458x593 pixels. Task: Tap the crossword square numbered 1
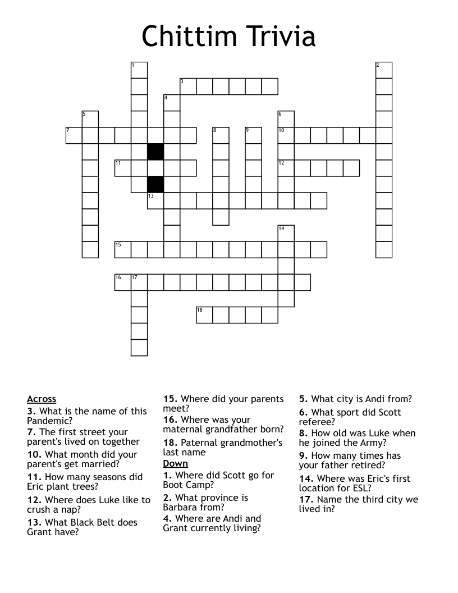pos(139,70)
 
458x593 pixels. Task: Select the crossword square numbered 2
pos(384,70)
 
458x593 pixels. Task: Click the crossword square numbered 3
pos(188,86)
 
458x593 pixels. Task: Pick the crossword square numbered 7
pos(74,135)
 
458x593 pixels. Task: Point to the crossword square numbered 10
pos(286,135)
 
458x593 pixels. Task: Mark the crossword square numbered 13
pos(155,200)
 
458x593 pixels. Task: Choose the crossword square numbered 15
pos(123,249)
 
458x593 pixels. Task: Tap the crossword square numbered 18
pos(204,315)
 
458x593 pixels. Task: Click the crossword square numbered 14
pos(286,233)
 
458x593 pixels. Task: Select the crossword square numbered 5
pos(90,119)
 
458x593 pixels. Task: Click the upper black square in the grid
pos(155,152)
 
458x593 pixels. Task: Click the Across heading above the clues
pos(42,399)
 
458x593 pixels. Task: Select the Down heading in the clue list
pos(175,464)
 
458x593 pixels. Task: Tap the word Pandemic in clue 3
pos(49,421)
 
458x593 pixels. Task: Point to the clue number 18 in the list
pos(170,443)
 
